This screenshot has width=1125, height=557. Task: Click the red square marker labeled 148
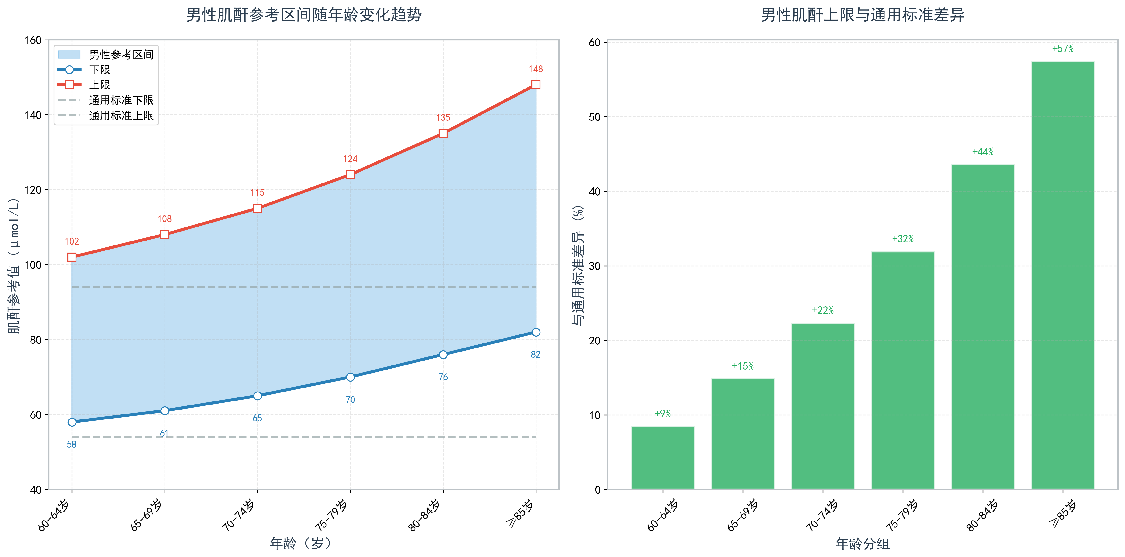tap(536, 85)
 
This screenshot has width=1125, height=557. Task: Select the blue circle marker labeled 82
tap(536, 332)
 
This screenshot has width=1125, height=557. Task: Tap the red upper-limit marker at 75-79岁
tap(350, 175)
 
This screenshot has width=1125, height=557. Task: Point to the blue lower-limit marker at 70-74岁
tap(258, 396)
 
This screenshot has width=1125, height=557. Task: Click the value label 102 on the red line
tap(72, 241)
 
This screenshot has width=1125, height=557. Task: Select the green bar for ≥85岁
tap(1062, 275)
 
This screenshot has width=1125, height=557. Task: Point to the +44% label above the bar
tap(983, 152)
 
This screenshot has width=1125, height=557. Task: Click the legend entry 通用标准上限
tap(121, 116)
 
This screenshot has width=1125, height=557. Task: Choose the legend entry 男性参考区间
tap(121, 55)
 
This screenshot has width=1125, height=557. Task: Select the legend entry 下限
tap(100, 70)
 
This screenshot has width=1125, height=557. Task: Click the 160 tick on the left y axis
tap(33, 40)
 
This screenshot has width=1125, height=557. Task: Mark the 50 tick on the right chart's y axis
tap(595, 117)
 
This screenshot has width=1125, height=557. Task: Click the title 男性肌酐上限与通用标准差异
tap(862, 15)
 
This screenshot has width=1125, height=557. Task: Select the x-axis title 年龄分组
tap(862, 544)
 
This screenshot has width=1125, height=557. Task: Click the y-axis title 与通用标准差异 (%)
tap(578, 265)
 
